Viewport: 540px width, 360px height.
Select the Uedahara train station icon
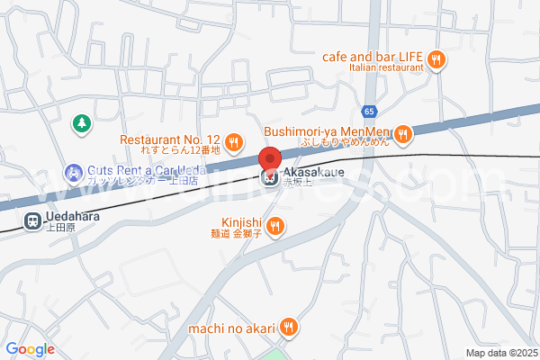pyautogui.click(x=31, y=219)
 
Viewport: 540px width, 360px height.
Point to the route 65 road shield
pyautogui.click(x=370, y=111)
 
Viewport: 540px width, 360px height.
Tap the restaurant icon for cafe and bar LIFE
pyautogui.click(x=436, y=59)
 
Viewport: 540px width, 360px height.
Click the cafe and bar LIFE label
pyautogui.click(x=373, y=55)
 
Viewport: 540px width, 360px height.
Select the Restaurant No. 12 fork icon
pyautogui.click(x=233, y=140)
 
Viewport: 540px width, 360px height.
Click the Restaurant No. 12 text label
pyautogui.click(x=170, y=139)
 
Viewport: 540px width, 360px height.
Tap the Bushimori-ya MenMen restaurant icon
pyautogui.click(x=403, y=133)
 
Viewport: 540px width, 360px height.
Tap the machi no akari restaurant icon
pyautogui.click(x=287, y=328)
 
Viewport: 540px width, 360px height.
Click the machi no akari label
pyautogui.click(x=230, y=328)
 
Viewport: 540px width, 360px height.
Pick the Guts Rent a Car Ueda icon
pyautogui.click(x=70, y=171)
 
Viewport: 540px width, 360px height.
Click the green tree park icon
pyautogui.click(x=81, y=121)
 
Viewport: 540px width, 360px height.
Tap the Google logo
pyautogui.click(x=30, y=348)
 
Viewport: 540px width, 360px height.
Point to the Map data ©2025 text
pyautogui.click(x=500, y=352)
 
